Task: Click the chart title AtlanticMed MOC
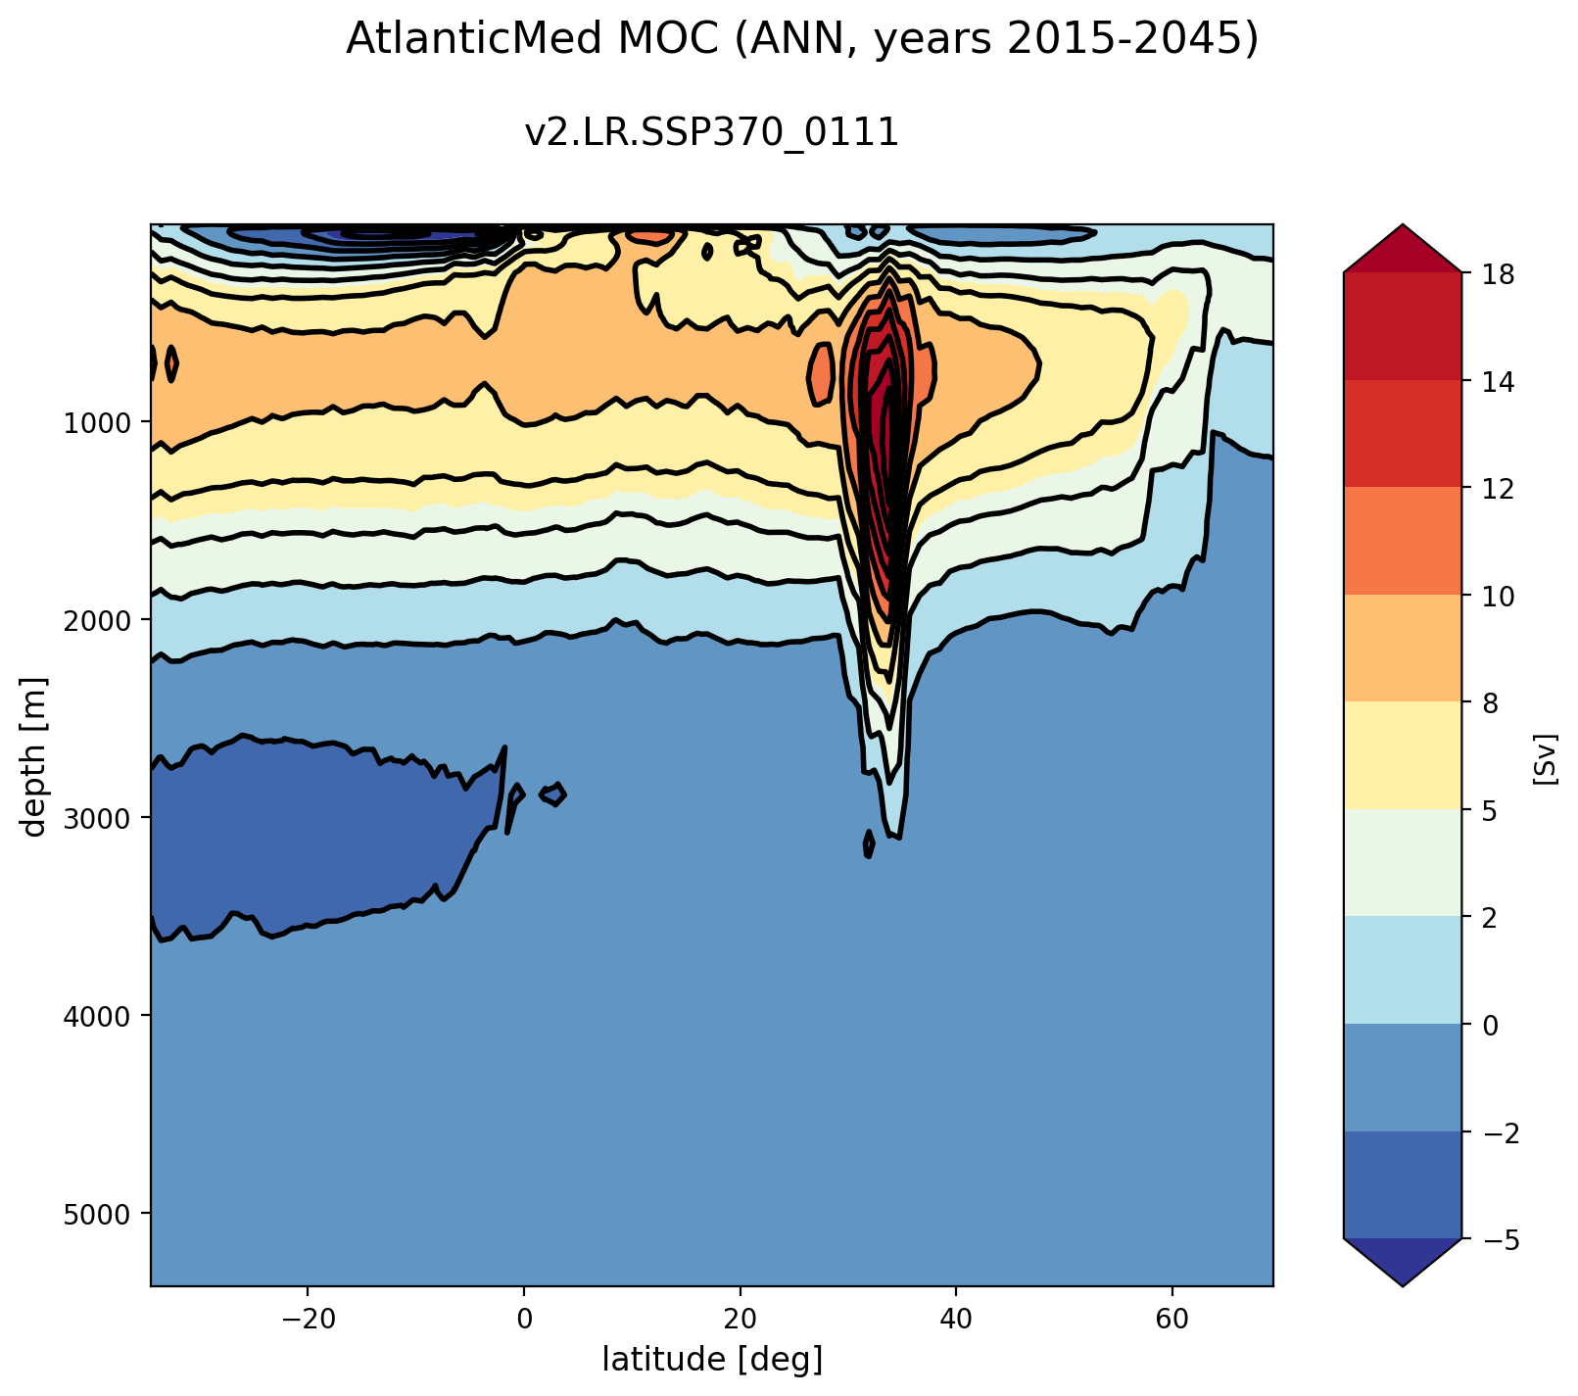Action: [801, 39]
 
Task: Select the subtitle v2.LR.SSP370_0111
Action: [712, 132]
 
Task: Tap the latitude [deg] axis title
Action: [712, 1359]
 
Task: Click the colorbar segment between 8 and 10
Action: [1403, 649]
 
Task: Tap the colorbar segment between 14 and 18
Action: [1403, 326]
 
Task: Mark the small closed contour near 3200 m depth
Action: [869, 842]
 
